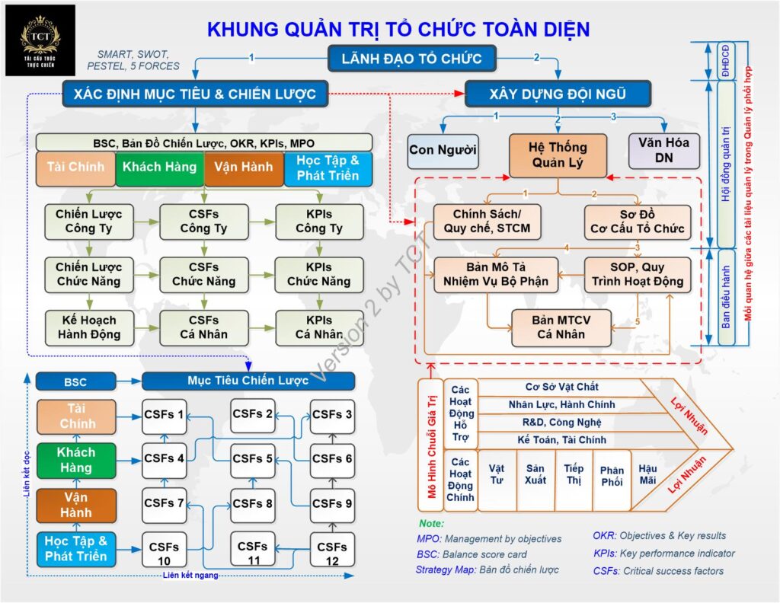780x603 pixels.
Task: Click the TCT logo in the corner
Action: pyautogui.click(x=40, y=40)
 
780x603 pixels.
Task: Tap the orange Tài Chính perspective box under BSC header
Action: pyautogui.click(x=75, y=167)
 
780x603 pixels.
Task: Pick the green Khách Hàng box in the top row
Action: pyautogui.click(x=159, y=167)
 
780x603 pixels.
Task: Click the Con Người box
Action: pyautogui.click(x=443, y=150)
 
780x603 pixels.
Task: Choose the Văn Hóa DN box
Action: pyautogui.click(x=663, y=150)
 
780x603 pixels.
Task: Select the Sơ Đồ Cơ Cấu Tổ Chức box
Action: pyautogui.click(x=638, y=220)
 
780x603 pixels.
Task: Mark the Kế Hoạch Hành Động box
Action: pyautogui.click(x=88, y=327)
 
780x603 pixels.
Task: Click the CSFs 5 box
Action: pyautogui.click(x=252, y=459)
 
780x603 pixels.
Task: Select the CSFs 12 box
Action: pyautogui.click(x=332, y=554)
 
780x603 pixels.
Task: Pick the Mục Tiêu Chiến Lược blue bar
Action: pyautogui.click(x=248, y=381)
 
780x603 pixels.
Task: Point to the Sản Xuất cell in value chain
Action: pyautogui.click(x=535, y=474)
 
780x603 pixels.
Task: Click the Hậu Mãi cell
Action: pyautogui.click(x=647, y=474)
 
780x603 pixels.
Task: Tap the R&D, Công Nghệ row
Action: pyautogui.click(x=561, y=422)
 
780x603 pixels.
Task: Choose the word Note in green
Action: pyautogui.click(x=431, y=524)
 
